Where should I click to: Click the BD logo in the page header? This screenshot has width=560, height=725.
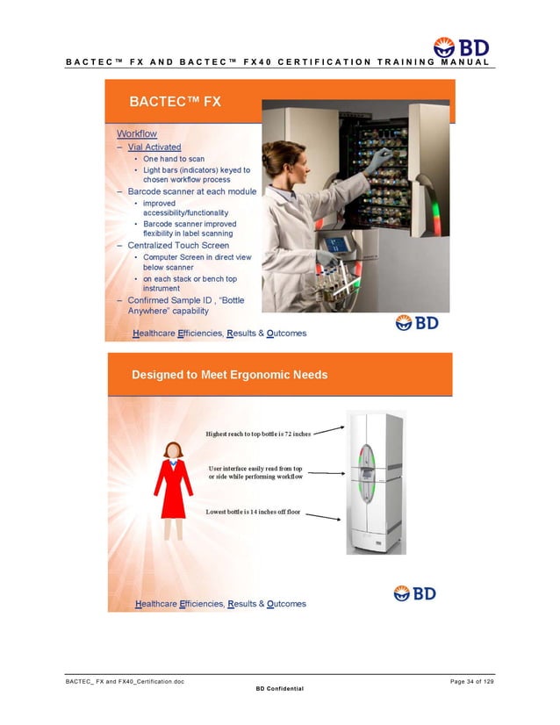461,47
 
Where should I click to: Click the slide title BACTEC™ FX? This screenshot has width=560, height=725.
176,102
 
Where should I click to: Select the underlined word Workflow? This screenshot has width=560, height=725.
137,133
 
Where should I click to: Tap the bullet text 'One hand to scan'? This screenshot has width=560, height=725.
174,159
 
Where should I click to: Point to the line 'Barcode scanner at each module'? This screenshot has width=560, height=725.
192,191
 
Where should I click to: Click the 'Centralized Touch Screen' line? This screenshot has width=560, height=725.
178,246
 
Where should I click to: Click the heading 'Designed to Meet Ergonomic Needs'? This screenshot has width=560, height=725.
230,375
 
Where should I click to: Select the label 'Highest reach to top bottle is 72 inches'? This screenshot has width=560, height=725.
258,434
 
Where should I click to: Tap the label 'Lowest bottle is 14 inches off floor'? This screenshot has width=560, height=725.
253,511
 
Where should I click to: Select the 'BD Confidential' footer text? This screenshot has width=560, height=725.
279,689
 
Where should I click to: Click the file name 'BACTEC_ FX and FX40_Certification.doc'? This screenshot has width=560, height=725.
125,682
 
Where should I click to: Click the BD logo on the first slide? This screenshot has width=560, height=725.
416,322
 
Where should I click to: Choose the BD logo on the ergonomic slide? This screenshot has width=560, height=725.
414,593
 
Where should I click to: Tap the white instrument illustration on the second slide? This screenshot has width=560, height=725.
374,483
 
